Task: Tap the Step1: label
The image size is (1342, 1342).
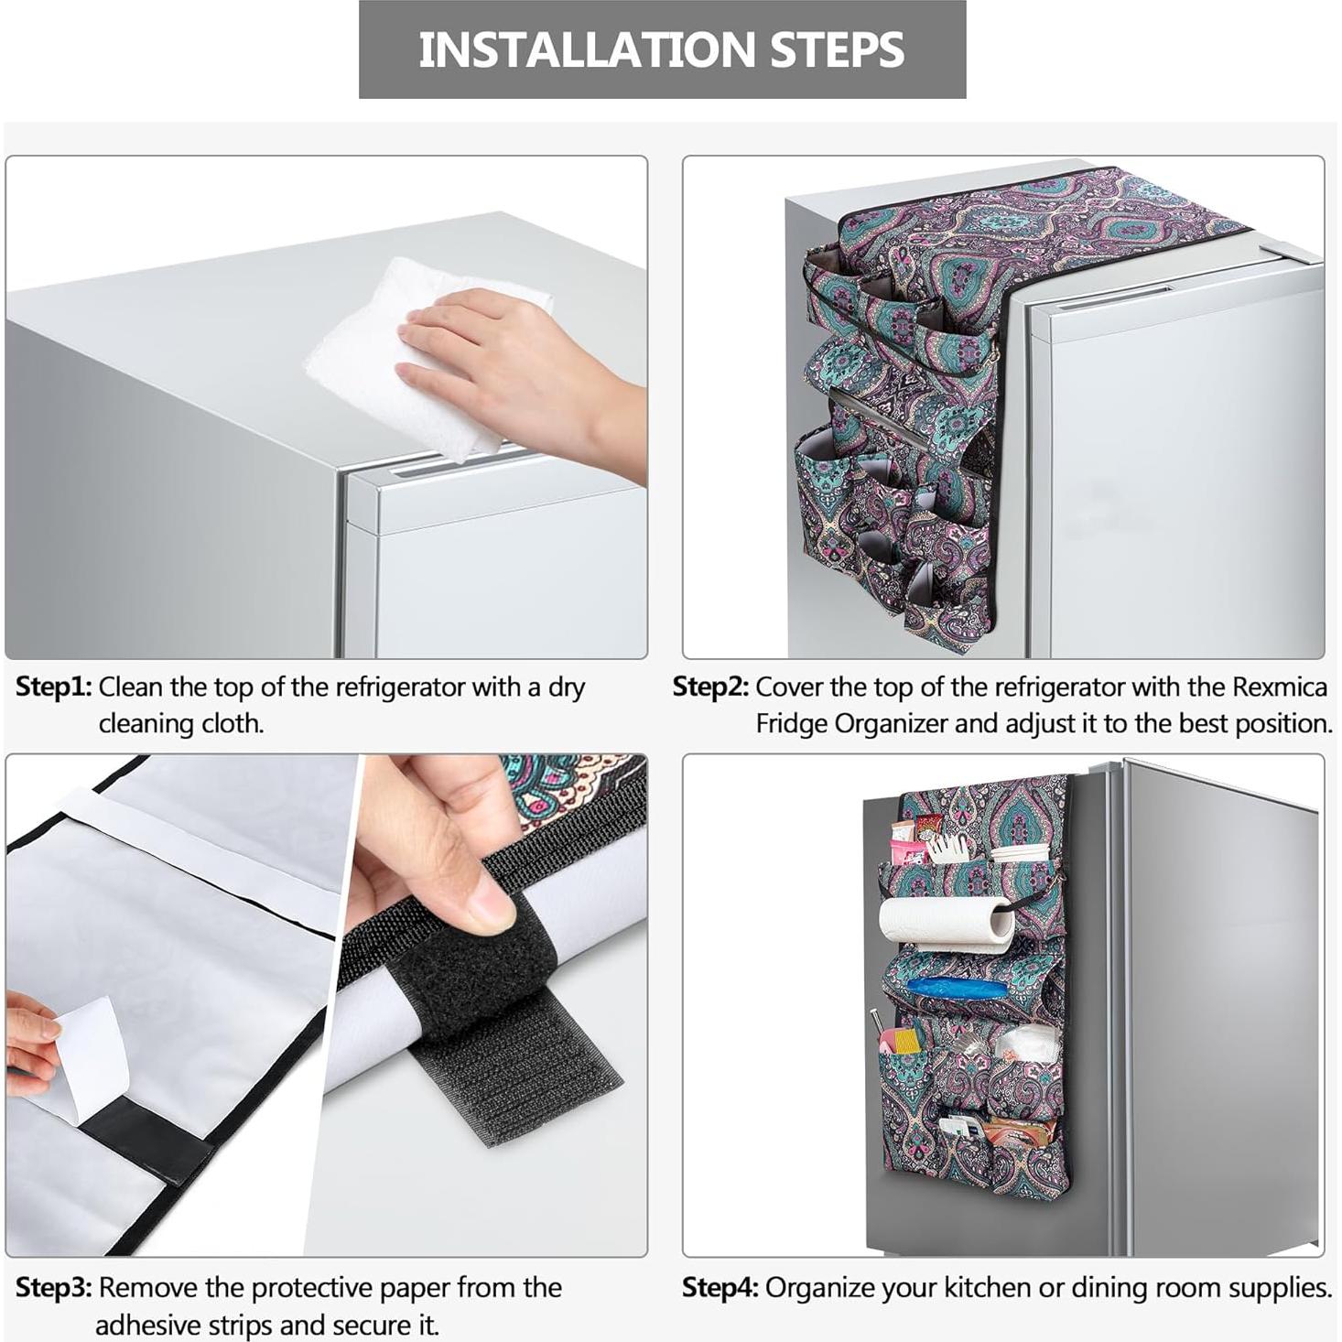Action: (x=54, y=687)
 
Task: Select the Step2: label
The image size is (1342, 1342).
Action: (x=711, y=687)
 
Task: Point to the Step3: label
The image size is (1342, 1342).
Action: (x=54, y=1288)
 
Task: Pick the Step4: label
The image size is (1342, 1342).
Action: (x=720, y=1288)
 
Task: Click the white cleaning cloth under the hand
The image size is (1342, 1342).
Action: (x=417, y=363)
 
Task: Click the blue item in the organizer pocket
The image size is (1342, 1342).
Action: (x=957, y=988)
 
